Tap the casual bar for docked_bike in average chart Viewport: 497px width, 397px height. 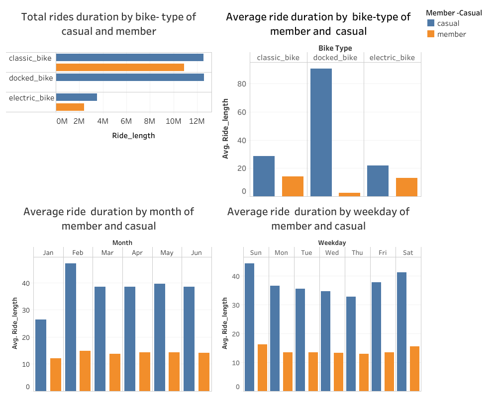[321, 132]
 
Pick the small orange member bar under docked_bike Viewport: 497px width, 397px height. [349, 194]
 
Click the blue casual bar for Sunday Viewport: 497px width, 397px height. [249, 326]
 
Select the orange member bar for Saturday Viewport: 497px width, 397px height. [414, 368]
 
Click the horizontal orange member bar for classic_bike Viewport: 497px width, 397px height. [120, 67]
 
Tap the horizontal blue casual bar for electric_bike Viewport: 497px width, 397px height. [76, 97]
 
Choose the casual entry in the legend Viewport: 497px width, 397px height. [443, 23]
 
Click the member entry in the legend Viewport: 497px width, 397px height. [446, 34]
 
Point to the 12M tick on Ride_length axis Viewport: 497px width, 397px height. [198, 121]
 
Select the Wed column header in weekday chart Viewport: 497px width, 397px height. [332, 252]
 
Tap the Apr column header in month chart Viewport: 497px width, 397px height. [137, 252]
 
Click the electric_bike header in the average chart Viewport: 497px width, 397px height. [392, 58]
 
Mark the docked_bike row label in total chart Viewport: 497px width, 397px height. [30, 78]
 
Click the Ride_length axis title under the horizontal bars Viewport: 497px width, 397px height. [133, 136]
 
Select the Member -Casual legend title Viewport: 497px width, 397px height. [454, 13]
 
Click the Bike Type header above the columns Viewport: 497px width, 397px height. [335, 48]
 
